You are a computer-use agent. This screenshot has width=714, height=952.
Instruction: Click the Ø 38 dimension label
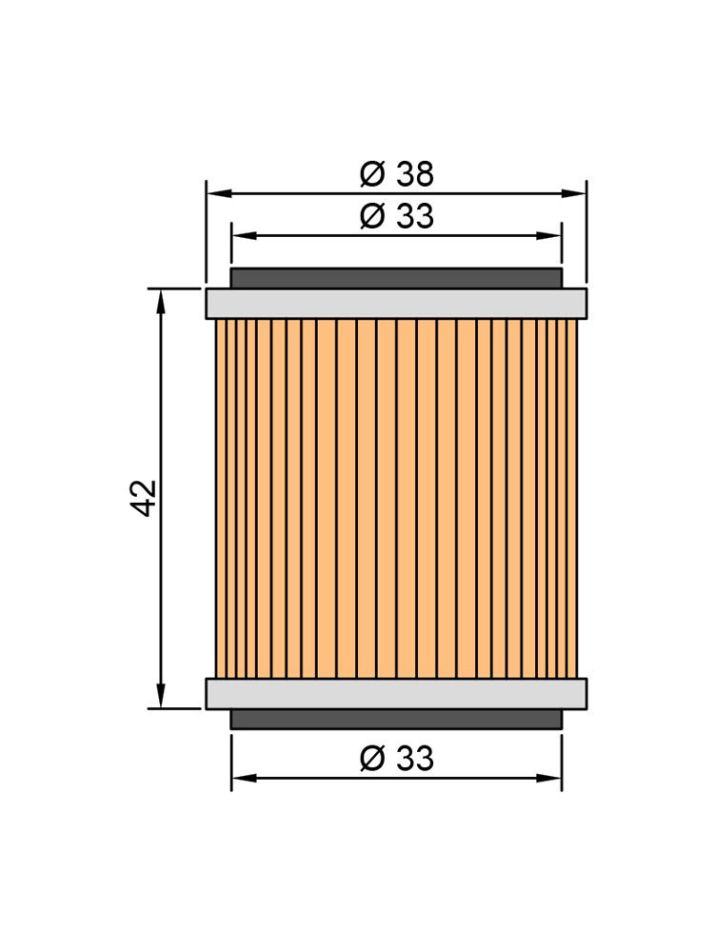pyautogui.click(x=396, y=173)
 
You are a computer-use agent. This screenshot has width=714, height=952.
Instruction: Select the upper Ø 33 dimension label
pyautogui.click(x=396, y=216)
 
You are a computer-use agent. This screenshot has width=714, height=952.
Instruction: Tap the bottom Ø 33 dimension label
pyautogui.click(x=396, y=759)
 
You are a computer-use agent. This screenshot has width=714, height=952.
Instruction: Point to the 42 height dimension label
pyautogui.click(x=146, y=498)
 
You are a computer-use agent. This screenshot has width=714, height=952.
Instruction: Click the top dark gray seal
pyautogui.click(x=396, y=279)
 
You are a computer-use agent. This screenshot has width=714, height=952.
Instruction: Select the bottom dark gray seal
pyautogui.click(x=396, y=719)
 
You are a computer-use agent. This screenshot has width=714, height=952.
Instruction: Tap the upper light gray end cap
pyautogui.click(x=396, y=304)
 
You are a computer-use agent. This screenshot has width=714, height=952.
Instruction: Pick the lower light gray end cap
pyautogui.click(x=396, y=693)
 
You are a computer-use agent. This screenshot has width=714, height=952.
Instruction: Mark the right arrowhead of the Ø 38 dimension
pyautogui.click(x=574, y=193)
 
